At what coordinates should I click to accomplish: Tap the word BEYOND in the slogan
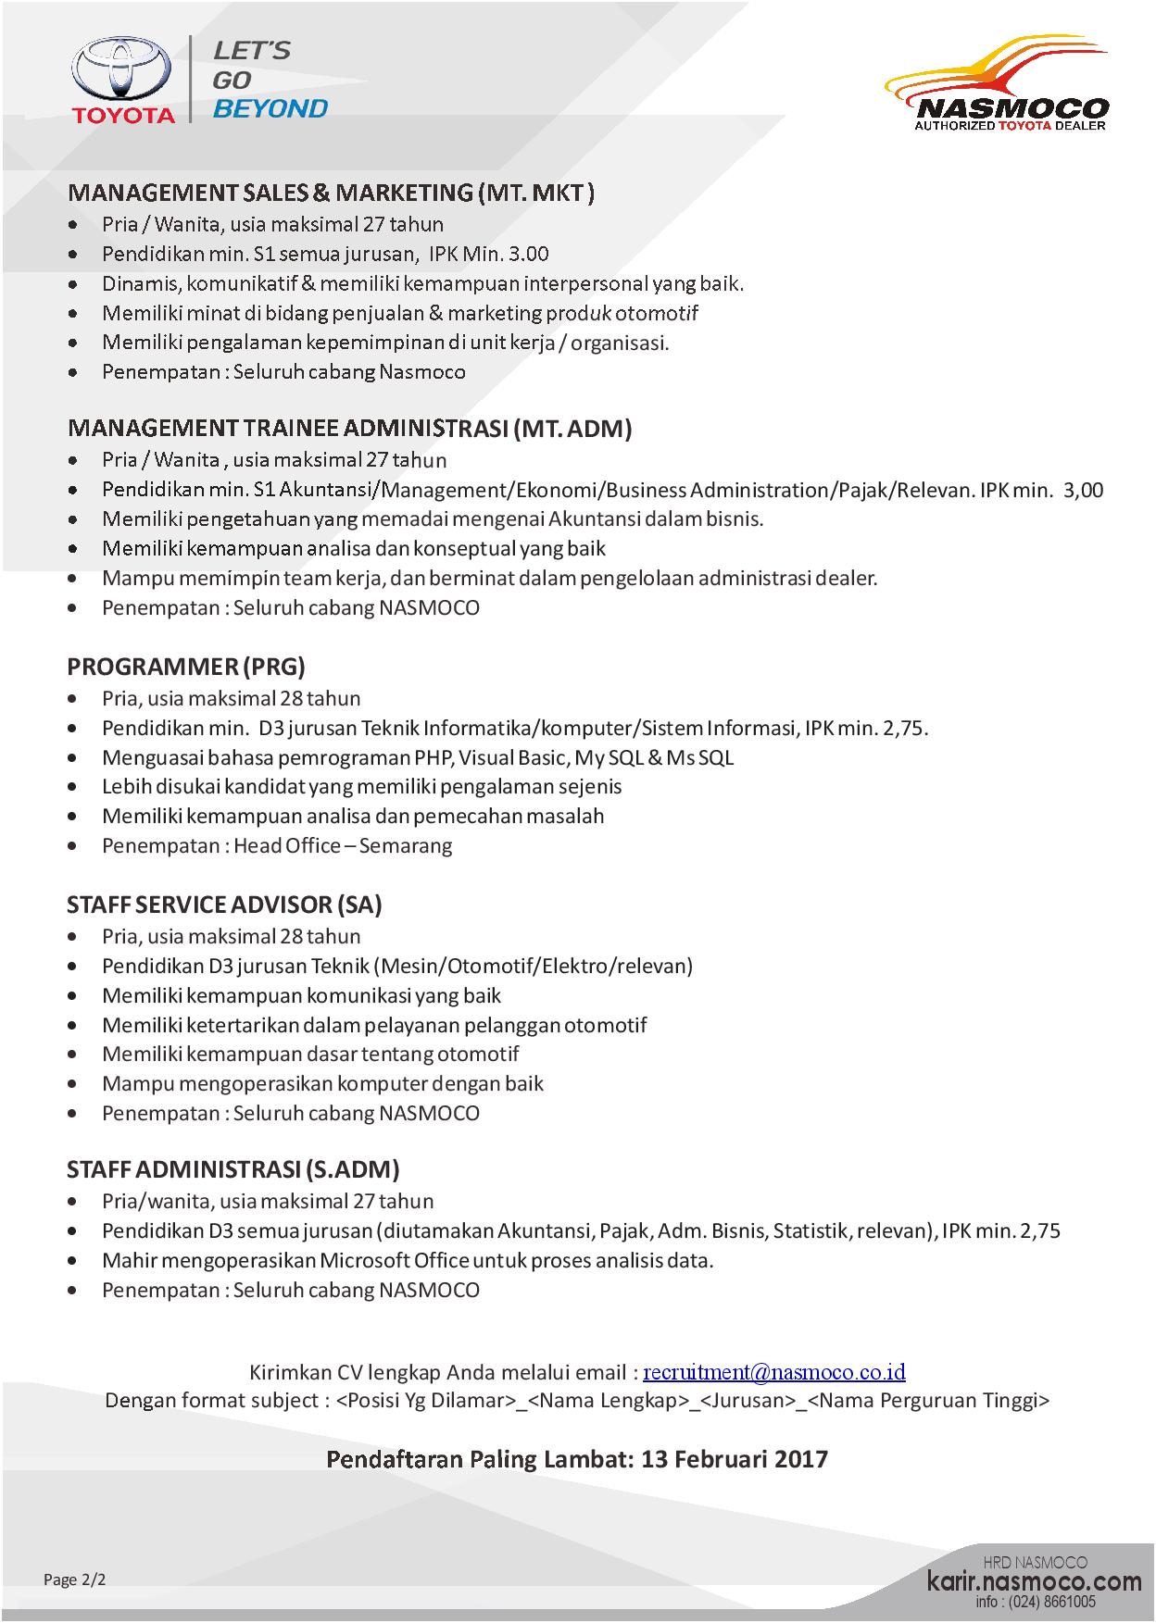[x=270, y=108]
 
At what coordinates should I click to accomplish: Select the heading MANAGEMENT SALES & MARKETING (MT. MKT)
[x=331, y=193]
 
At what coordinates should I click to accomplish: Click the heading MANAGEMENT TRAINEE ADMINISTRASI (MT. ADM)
[x=349, y=429]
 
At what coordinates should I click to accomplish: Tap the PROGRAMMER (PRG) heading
[x=186, y=667]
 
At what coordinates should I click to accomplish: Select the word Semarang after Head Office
[x=406, y=845]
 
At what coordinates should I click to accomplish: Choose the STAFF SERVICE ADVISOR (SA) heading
[x=224, y=905]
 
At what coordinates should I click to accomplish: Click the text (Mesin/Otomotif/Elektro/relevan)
[x=534, y=966]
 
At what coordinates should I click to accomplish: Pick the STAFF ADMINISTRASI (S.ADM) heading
[x=232, y=1169]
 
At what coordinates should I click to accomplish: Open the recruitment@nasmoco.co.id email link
[x=774, y=1372]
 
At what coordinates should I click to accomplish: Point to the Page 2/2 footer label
[x=75, y=1579]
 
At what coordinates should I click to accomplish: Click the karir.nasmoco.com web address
[x=1035, y=1581]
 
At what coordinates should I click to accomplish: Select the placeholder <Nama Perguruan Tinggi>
[x=929, y=1400]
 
